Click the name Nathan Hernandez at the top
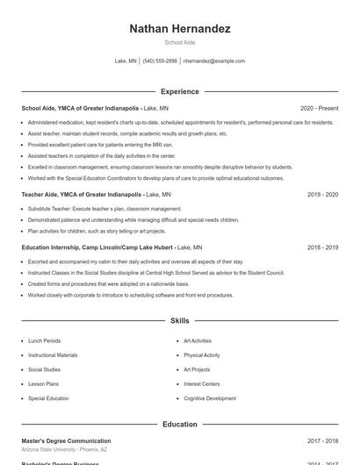[179, 29]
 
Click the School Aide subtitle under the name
[179, 42]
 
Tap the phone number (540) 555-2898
[160, 61]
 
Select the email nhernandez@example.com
[214, 61]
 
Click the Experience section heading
[179, 91]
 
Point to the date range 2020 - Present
[319, 108]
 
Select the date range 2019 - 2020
[323, 194]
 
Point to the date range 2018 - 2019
[323, 247]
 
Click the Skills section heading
[179, 321]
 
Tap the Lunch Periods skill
[44, 340]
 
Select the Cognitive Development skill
[209, 398]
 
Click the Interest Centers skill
[201, 383]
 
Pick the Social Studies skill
[44, 369]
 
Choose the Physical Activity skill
[201, 355]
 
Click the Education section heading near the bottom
[179, 425]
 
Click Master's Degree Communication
[66, 440]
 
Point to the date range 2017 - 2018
[323, 440]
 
